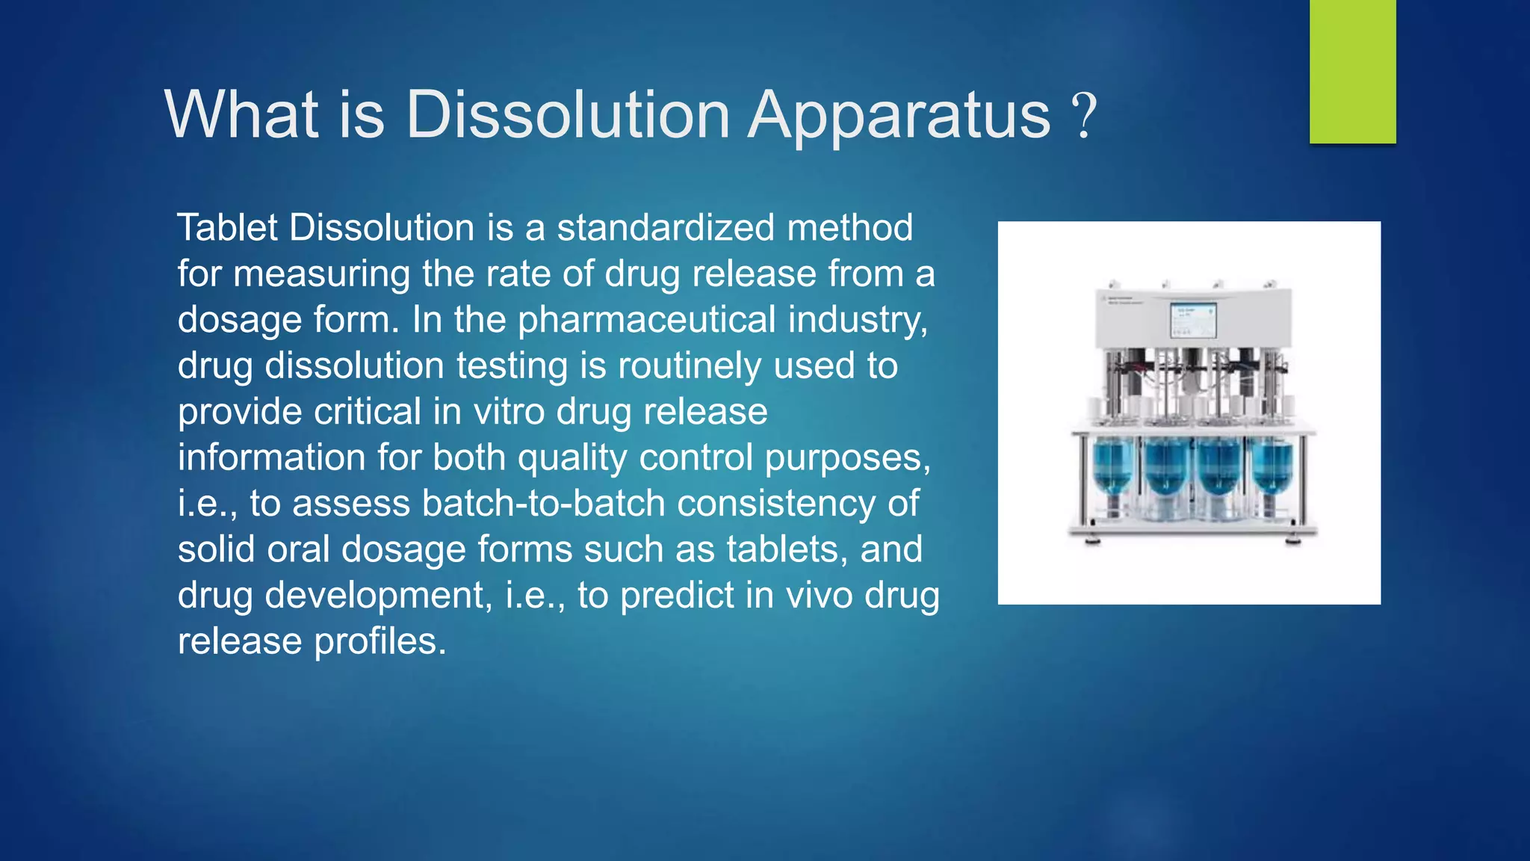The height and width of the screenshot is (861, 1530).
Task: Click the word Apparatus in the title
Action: (899, 116)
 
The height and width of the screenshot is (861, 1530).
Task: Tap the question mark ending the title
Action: (1084, 116)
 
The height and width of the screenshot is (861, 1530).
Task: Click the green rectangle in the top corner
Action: (1352, 71)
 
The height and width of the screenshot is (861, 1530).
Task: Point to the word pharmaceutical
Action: (647, 320)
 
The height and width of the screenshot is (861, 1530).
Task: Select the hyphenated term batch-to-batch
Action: (543, 504)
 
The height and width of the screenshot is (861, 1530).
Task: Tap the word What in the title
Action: (241, 116)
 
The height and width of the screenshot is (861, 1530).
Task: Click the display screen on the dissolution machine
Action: (1192, 320)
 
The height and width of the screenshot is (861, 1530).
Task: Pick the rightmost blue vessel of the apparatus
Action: (1271, 467)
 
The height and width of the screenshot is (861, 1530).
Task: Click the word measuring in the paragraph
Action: (321, 274)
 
